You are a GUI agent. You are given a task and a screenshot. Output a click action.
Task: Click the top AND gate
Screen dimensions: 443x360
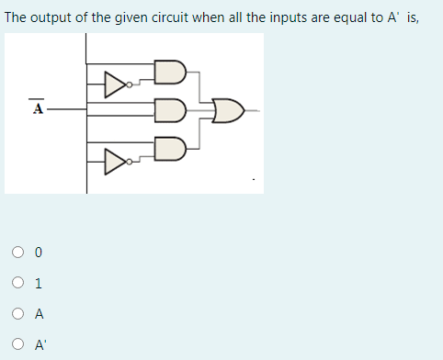coord(170,73)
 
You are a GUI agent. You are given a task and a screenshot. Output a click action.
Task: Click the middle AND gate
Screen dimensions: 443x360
coord(170,109)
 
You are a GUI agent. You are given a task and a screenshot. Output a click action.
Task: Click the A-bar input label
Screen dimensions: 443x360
coord(38,107)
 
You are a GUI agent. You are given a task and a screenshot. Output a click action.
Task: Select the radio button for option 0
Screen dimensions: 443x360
coord(18,252)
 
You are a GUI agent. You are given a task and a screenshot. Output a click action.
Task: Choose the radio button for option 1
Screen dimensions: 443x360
coord(18,283)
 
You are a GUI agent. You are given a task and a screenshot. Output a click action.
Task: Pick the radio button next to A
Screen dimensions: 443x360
coord(18,314)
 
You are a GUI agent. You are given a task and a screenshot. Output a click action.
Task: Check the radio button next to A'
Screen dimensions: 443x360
coord(18,345)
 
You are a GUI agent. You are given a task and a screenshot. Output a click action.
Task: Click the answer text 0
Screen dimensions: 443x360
coord(39,252)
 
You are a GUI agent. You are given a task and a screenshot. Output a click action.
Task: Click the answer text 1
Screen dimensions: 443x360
coord(39,283)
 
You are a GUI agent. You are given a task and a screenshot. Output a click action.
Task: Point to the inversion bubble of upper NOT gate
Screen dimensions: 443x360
coord(131,86)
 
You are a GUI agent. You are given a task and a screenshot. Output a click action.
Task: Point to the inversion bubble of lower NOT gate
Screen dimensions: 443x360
coord(131,162)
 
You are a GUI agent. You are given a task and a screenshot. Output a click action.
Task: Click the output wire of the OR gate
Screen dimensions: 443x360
coord(253,110)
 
